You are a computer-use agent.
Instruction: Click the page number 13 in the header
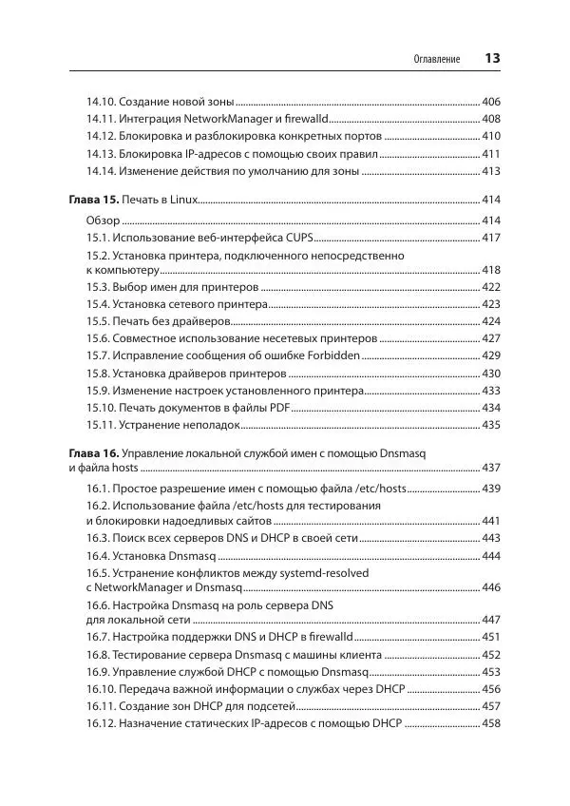492,59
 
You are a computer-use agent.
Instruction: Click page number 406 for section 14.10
491,102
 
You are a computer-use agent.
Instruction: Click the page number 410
491,136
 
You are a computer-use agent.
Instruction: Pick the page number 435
491,425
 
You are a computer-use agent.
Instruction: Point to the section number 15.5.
98,321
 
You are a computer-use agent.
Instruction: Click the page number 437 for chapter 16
491,468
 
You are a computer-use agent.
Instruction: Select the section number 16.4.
98,555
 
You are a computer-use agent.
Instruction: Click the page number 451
491,637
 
